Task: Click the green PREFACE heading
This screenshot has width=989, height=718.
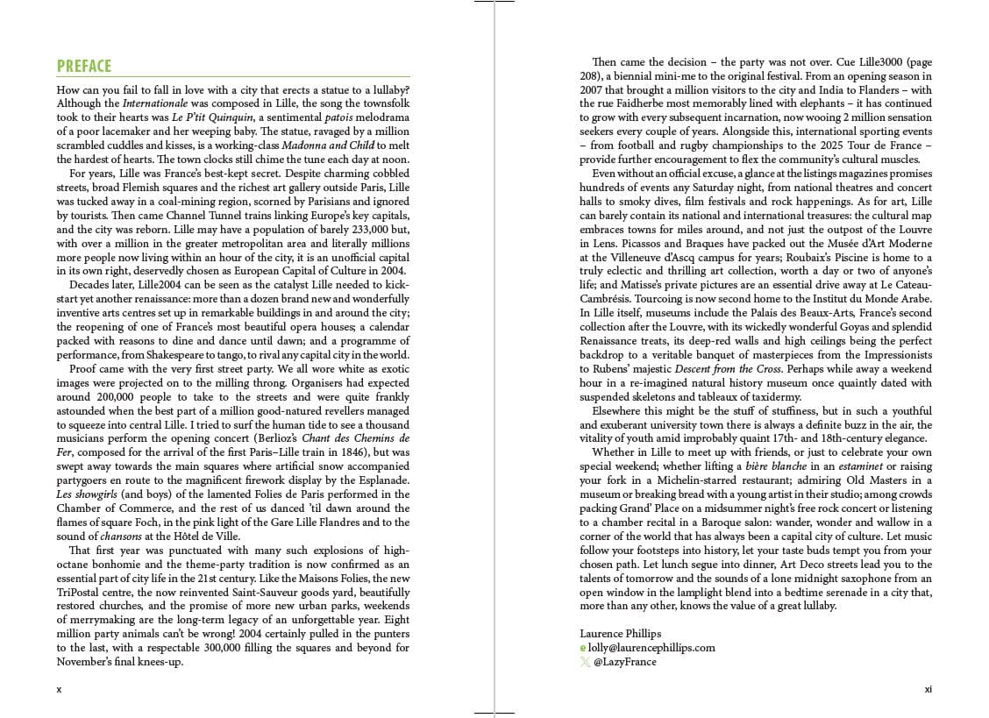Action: (84, 67)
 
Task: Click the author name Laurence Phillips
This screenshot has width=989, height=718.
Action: (620, 633)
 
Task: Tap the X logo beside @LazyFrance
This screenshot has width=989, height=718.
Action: (585, 662)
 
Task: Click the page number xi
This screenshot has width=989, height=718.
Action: (928, 689)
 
